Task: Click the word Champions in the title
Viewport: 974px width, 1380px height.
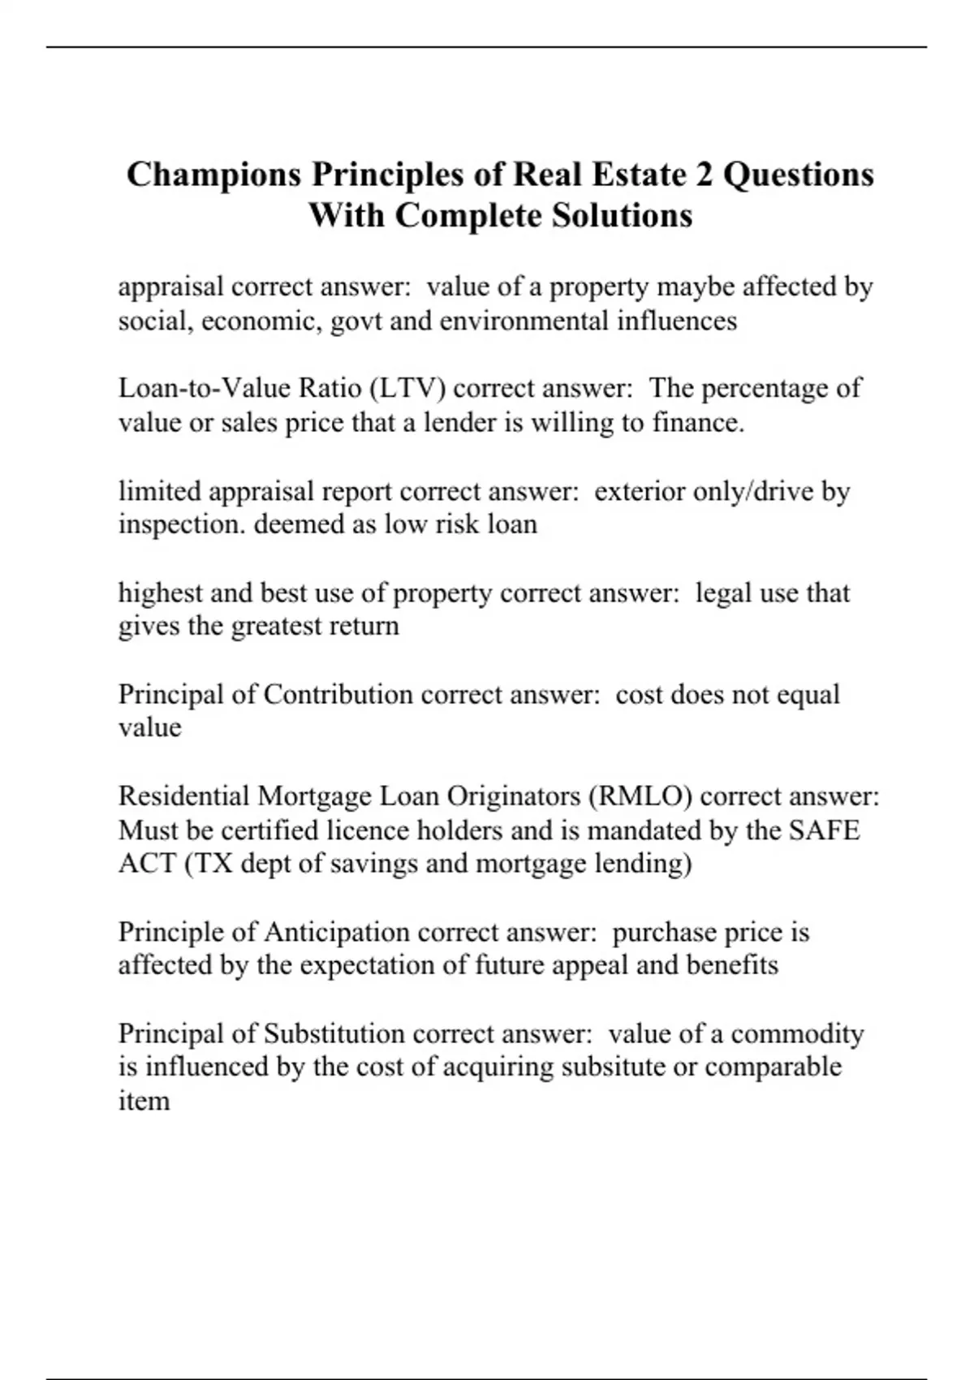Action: (x=213, y=175)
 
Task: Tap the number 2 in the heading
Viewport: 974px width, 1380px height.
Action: (x=704, y=175)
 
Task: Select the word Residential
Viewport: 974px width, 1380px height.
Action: (x=184, y=796)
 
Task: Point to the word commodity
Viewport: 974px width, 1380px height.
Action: (x=797, y=1034)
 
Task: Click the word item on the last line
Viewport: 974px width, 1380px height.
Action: (x=144, y=1102)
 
